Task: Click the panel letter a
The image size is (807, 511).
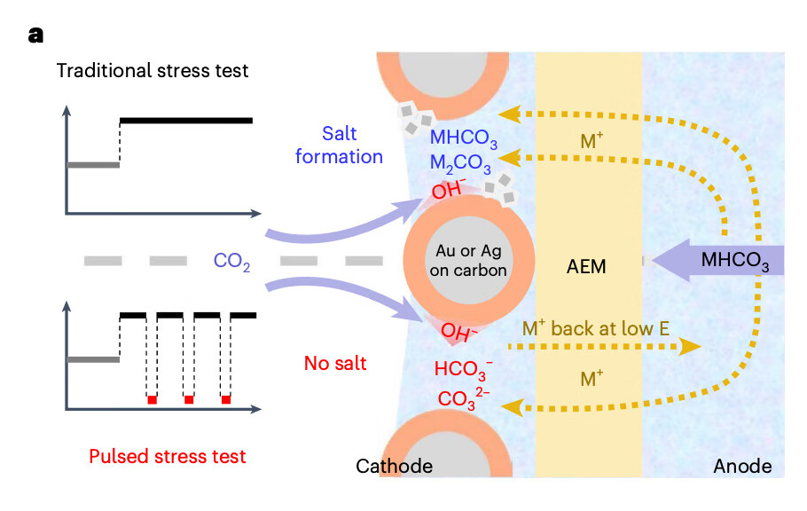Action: (x=35, y=35)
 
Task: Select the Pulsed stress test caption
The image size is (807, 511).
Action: (x=168, y=457)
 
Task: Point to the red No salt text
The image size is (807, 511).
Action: (x=337, y=363)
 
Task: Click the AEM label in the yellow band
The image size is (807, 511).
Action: (x=586, y=266)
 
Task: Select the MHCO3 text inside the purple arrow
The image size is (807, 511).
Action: (x=734, y=261)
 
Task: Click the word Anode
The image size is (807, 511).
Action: (x=743, y=466)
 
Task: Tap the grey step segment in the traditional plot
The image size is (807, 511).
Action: (x=93, y=164)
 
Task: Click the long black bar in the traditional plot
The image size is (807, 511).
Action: (x=186, y=120)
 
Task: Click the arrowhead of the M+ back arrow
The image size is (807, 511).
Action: (x=691, y=347)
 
